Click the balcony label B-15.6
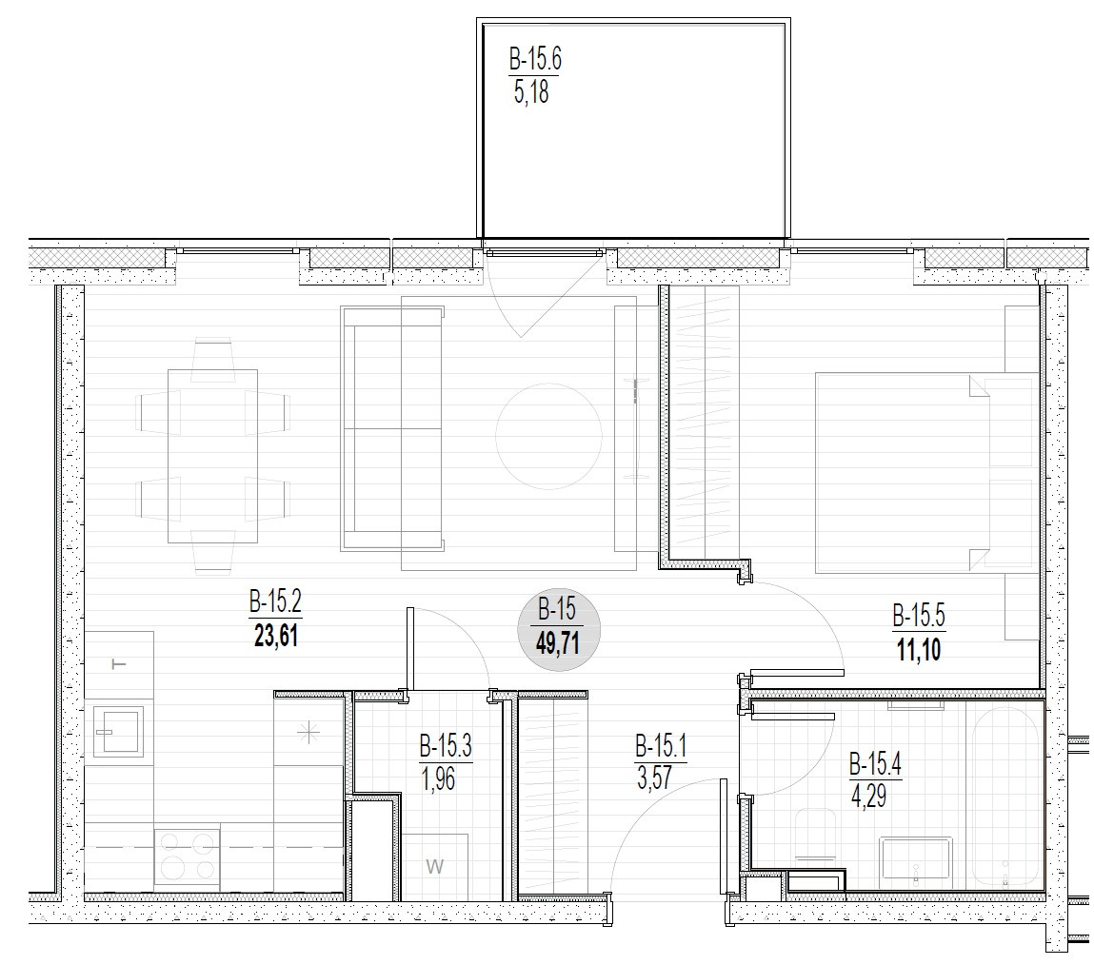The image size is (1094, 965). (535, 59)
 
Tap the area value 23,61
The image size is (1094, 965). (275, 636)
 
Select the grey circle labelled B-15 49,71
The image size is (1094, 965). (558, 631)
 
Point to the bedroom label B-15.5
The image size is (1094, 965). (919, 617)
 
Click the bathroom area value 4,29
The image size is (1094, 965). (868, 795)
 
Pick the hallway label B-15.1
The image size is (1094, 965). (661, 747)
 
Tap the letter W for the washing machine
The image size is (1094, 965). (435, 867)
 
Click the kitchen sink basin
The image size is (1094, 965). (119, 732)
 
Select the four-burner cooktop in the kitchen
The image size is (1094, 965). (187, 857)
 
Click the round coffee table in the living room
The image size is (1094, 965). (548, 436)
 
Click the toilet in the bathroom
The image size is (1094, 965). (815, 835)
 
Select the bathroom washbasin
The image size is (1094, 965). (915, 858)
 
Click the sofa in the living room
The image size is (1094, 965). (392, 429)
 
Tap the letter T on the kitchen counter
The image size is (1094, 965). (120, 663)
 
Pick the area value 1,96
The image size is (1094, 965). (439, 778)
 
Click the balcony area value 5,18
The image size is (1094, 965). (531, 91)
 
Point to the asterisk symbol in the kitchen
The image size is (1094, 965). (308, 732)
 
